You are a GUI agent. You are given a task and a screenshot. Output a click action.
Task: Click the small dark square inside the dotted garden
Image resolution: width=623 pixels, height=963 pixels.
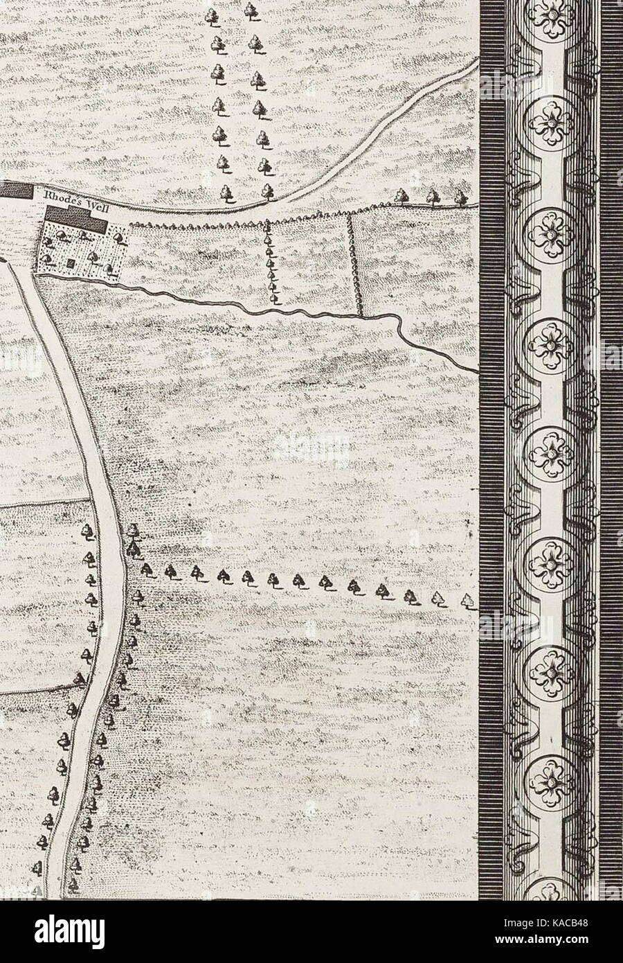72,263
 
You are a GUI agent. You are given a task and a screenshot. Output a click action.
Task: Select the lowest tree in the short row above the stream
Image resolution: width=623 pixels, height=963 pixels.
275,298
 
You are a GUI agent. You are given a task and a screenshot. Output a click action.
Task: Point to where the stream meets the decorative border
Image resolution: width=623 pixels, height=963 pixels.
478,371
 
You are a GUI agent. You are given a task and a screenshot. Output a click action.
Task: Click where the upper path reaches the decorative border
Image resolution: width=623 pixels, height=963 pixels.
478,61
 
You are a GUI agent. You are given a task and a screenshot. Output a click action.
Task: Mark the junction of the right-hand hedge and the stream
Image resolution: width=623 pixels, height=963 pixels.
360,313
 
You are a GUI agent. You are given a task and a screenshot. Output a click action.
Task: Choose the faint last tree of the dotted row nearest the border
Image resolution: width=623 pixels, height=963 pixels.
471,601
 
